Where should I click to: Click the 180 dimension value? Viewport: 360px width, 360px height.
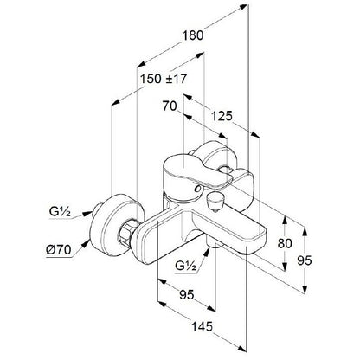(x=193, y=35)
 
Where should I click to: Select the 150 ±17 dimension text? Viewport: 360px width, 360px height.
(x=164, y=79)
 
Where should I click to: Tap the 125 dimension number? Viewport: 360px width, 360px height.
(x=222, y=116)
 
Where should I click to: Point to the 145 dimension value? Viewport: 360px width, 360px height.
(x=202, y=326)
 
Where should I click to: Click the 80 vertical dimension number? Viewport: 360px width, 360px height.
(x=285, y=243)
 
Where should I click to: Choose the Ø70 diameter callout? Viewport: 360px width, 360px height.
(x=58, y=249)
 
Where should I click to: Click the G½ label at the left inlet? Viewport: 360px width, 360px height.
(x=60, y=212)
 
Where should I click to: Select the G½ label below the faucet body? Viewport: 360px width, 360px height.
(x=186, y=265)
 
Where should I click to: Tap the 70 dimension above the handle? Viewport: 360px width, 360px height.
(x=170, y=106)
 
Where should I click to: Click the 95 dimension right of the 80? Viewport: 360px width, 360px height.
(x=305, y=260)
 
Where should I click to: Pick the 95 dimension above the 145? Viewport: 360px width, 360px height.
(x=187, y=294)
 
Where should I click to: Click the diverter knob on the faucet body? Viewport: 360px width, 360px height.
(x=214, y=201)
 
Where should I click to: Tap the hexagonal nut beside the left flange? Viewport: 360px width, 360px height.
(x=125, y=232)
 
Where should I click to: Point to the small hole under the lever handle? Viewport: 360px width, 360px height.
(x=198, y=189)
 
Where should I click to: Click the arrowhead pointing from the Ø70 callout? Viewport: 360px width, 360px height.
(x=85, y=244)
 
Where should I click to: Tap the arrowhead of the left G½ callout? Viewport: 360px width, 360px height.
(x=87, y=213)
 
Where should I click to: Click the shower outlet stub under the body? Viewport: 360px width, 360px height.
(x=215, y=246)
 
